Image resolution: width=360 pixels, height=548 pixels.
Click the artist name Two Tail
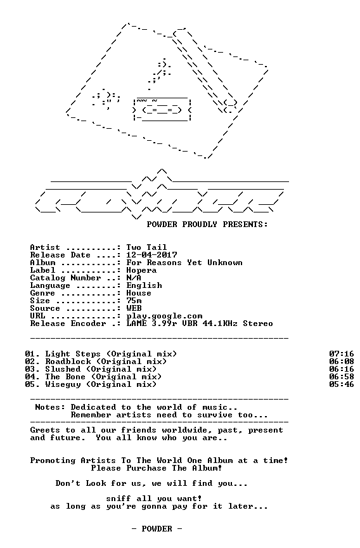146,247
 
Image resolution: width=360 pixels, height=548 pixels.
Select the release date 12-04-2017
152,255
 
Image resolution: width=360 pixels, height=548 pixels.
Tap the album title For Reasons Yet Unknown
184,263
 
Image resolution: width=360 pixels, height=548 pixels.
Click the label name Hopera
141,270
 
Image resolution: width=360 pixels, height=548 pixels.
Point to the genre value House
139,293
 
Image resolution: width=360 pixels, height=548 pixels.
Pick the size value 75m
134,301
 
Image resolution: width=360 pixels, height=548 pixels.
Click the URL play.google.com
164,316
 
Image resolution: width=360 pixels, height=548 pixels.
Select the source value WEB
134,309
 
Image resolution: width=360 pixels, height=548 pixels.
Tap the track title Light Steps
73,355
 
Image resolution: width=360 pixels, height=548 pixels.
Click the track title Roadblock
68,362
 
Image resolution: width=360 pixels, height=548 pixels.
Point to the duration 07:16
342,354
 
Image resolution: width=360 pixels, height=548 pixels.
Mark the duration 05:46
342,384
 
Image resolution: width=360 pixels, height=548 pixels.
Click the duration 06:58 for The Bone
342,377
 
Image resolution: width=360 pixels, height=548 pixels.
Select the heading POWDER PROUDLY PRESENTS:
207,225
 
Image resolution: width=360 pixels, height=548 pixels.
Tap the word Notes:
50,407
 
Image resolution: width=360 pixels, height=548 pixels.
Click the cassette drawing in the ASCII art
162,109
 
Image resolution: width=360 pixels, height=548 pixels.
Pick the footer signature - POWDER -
157,529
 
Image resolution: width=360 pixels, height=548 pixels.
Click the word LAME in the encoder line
136,323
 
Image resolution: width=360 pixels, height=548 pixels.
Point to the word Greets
46,430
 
